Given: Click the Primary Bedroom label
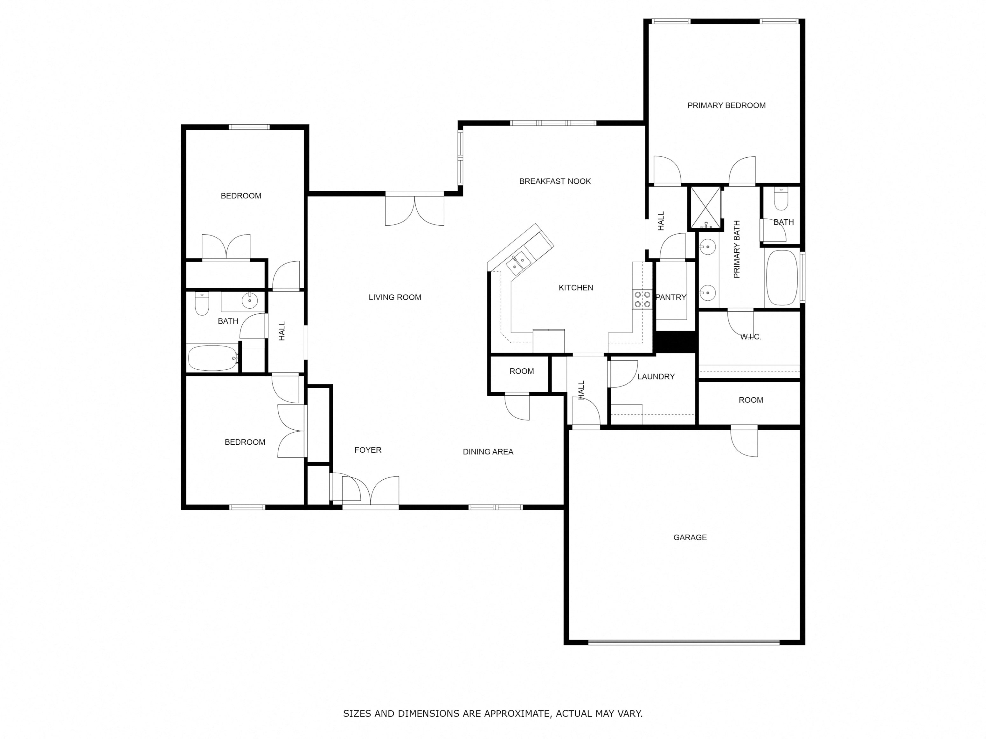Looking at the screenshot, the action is [x=726, y=106].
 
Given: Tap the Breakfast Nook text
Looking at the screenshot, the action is [x=555, y=181].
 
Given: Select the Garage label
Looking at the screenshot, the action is [x=690, y=538].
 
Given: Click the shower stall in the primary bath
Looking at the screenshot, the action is [x=705, y=208].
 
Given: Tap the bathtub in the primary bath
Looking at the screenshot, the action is [x=781, y=277].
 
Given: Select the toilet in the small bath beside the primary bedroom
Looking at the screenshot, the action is [x=781, y=199].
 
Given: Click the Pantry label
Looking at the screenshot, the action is [x=671, y=298].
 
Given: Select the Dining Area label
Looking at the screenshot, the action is [x=488, y=452].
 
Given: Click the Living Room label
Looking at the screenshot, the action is [x=395, y=298].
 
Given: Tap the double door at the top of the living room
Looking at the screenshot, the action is [x=414, y=209].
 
